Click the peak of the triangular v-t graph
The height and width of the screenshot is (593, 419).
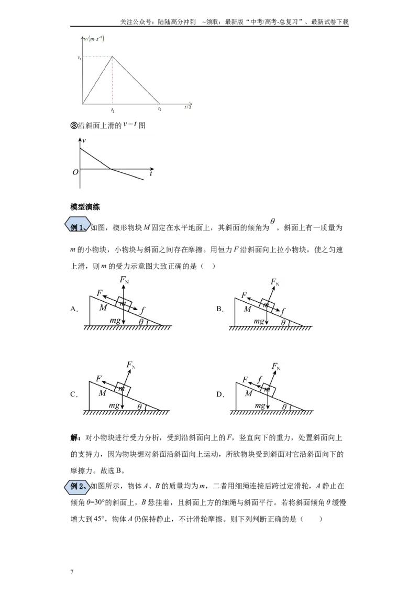click(112, 57)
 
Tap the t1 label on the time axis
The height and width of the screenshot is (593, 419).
click(113, 110)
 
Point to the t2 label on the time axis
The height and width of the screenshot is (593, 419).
click(160, 109)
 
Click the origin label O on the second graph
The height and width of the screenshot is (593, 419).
click(75, 172)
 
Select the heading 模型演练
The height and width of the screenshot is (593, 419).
click(85, 207)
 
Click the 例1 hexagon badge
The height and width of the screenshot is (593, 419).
click(78, 227)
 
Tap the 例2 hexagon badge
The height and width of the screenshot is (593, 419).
click(78, 486)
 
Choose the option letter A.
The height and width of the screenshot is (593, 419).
click(74, 309)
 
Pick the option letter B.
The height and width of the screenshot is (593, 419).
click(219, 309)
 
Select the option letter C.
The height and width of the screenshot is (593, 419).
click(74, 394)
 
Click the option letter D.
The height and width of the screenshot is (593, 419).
click(220, 394)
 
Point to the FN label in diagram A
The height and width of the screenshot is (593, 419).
click(124, 280)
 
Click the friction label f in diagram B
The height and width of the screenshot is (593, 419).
click(283, 311)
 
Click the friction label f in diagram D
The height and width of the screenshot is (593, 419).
click(259, 379)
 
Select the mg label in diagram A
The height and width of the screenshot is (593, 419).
click(115, 321)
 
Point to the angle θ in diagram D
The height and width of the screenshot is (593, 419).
click(284, 407)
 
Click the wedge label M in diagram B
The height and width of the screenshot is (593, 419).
click(248, 309)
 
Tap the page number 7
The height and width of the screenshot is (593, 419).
click(72, 572)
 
